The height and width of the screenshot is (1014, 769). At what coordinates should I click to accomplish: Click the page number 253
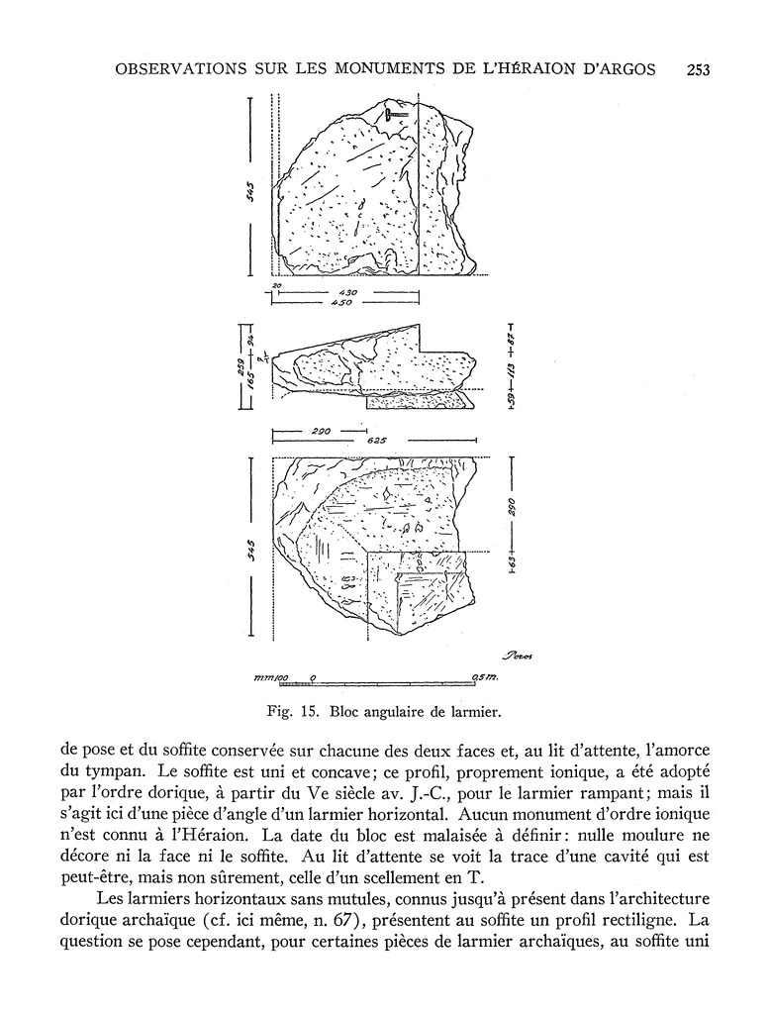point(698,69)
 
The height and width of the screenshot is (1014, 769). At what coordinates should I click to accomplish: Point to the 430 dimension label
point(346,293)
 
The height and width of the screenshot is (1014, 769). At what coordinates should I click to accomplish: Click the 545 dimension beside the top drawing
point(253,189)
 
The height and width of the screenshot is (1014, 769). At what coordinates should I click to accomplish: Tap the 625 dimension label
point(376,442)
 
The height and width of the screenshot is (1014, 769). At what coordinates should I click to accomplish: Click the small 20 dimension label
point(276,286)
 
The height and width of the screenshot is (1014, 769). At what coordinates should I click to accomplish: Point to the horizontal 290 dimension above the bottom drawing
point(319,433)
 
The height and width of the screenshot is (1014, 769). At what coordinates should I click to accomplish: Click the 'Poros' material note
point(516,656)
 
